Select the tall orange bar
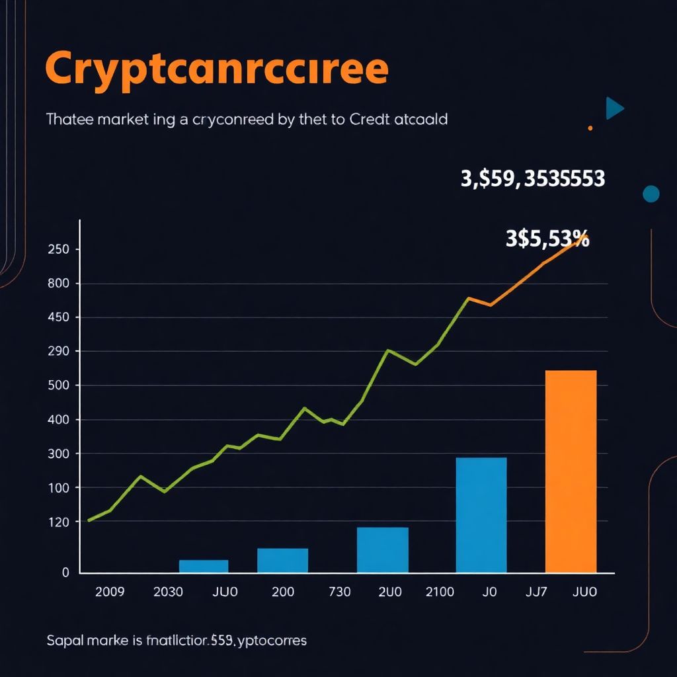(x=571, y=471)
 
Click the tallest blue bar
(x=481, y=514)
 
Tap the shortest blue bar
(x=204, y=566)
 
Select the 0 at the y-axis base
(x=65, y=573)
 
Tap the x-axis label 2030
(x=168, y=592)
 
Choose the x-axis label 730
(x=339, y=592)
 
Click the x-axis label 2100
(x=440, y=592)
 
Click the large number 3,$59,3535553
(x=532, y=179)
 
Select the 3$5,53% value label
(x=547, y=239)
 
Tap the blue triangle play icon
(x=614, y=108)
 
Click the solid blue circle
(x=651, y=193)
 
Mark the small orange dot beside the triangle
(x=590, y=128)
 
